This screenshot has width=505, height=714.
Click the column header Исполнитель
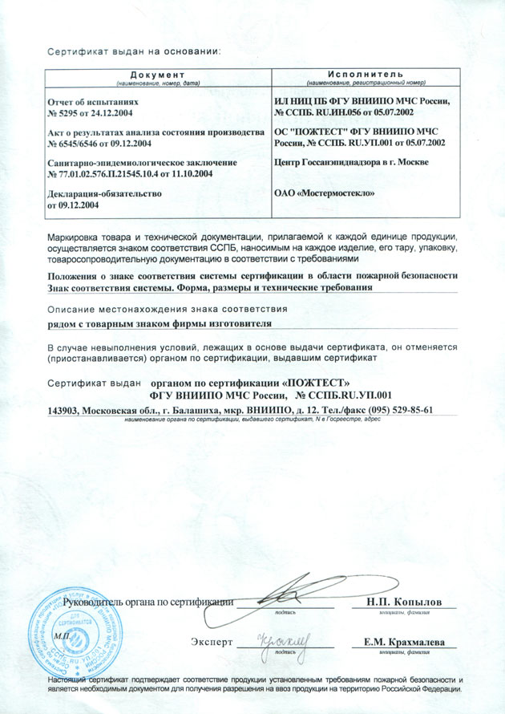click(365, 75)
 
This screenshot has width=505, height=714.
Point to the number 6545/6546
click(87, 143)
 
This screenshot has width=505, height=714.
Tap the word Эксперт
click(212, 643)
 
